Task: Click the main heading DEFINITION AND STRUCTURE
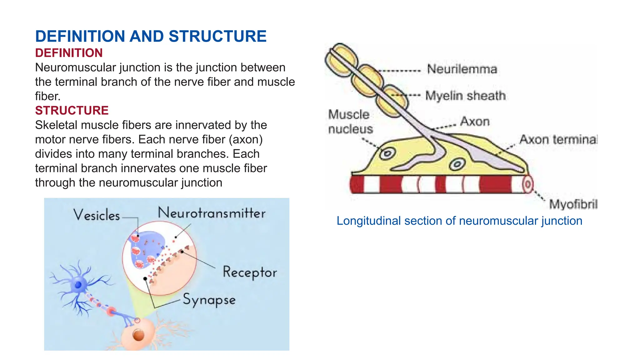pyautogui.click(x=151, y=36)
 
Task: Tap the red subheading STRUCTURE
pyautogui.click(x=72, y=111)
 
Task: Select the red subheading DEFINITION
pyautogui.click(x=69, y=53)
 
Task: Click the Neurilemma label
pyautogui.click(x=462, y=69)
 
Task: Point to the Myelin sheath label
pyautogui.click(x=465, y=96)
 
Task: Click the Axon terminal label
pyautogui.click(x=558, y=139)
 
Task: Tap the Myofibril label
pyautogui.click(x=573, y=204)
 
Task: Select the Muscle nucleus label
pyautogui.click(x=350, y=122)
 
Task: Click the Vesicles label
pyautogui.click(x=97, y=215)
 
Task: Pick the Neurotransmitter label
pyautogui.click(x=212, y=213)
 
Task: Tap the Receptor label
pyautogui.click(x=249, y=272)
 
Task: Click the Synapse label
pyautogui.click(x=209, y=300)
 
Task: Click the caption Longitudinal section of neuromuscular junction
pyautogui.click(x=459, y=221)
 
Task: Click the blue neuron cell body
pyautogui.click(x=78, y=284)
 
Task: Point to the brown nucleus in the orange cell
pyautogui.click(x=138, y=335)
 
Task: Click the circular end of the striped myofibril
pyautogui.click(x=527, y=184)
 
